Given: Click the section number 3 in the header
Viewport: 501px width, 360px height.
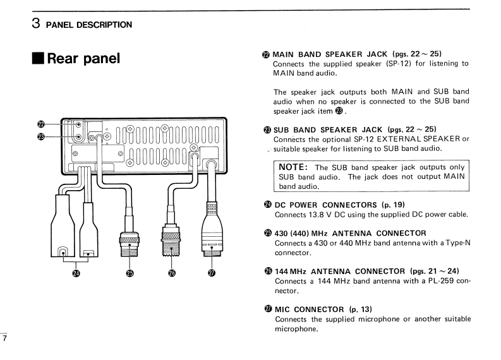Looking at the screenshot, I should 37,24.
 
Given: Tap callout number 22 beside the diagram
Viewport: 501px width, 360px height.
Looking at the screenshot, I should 41,124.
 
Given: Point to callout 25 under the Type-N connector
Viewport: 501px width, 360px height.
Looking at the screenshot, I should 130,273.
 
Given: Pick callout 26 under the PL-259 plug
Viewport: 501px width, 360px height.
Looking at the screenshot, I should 171,273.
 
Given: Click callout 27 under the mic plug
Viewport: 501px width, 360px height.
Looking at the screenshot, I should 212,273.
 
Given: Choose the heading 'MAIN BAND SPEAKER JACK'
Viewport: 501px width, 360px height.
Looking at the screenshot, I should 330,54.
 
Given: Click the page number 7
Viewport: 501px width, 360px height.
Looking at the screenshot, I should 4,339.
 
